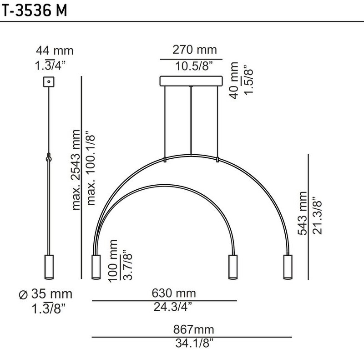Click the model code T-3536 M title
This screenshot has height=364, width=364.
(x=35, y=10)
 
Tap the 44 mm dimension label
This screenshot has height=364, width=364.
(x=55, y=51)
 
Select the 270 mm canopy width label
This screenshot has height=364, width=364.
(x=195, y=50)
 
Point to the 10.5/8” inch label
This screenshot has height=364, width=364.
(x=194, y=66)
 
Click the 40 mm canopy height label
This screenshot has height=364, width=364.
(x=234, y=81)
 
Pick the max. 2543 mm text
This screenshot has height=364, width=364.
(x=76, y=170)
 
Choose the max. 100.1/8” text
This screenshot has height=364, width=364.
(x=91, y=168)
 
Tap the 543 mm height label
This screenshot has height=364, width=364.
(x=303, y=213)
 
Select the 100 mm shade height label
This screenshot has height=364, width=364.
(x=113, y=261)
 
